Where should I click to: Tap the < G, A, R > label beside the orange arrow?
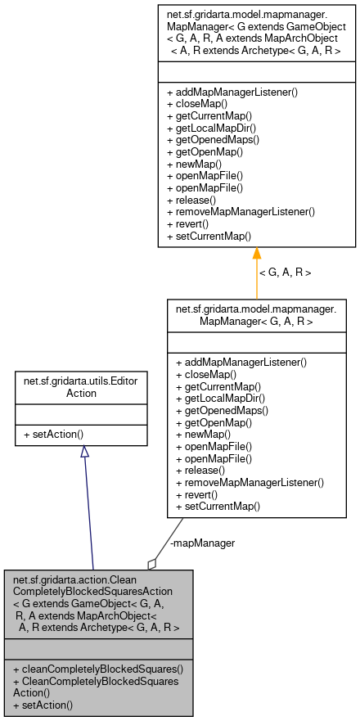[285, 272]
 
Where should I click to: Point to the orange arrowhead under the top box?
[256, 254]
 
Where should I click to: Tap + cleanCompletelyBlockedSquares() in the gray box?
[98, 669]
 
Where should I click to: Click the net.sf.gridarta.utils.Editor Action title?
[80, 387]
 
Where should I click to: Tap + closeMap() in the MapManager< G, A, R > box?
[206, 374]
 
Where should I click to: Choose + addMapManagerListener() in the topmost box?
[232, 92]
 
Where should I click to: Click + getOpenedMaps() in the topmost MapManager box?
[213, 140]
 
